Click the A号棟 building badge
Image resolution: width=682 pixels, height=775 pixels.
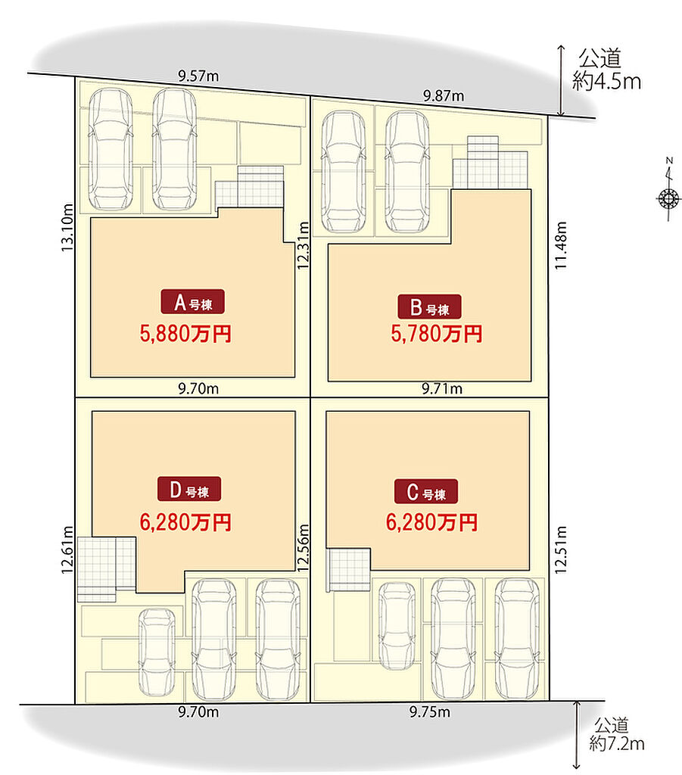pyautogui.click(x=193, y=301)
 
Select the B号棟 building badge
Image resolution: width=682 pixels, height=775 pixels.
pyautogui.click(x=429, y=307)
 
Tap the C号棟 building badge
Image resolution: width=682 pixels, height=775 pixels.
pyautogui.click(x=426, y=491)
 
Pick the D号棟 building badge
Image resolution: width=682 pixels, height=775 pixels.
pyautogui.click(x=189, y=489)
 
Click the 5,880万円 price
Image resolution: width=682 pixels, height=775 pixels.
pyautogui.click(x=185, y=334)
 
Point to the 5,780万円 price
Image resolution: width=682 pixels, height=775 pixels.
pyautogui.click(x=437, y=334)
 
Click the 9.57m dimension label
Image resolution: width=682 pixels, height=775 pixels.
pyautogui.click(x=198, y=76)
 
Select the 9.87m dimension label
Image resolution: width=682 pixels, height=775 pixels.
pyautogui.click(x=444, y=95)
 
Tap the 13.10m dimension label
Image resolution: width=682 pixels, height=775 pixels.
pyautogui.click(x=67, y=227)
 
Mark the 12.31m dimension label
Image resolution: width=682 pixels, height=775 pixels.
pyautogui.click(x=303, y=246)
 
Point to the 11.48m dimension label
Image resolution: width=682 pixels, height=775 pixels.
pyautogui.click(x=560, y=245)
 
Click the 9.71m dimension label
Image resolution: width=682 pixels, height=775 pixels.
pyautogui.click(x=442, y=388)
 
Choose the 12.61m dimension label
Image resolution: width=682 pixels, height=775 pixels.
pyautogui.click(x=67, y=549)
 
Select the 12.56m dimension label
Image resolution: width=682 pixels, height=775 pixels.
pyautogui.click(x=303, y=548)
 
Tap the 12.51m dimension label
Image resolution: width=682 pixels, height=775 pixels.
pyautogui.click(x=560, y=549)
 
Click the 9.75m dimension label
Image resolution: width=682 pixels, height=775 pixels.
pyautogui.click(x=430, y=711)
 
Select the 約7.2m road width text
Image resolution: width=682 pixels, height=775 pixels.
pyautogui.click(x=617, y=743)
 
